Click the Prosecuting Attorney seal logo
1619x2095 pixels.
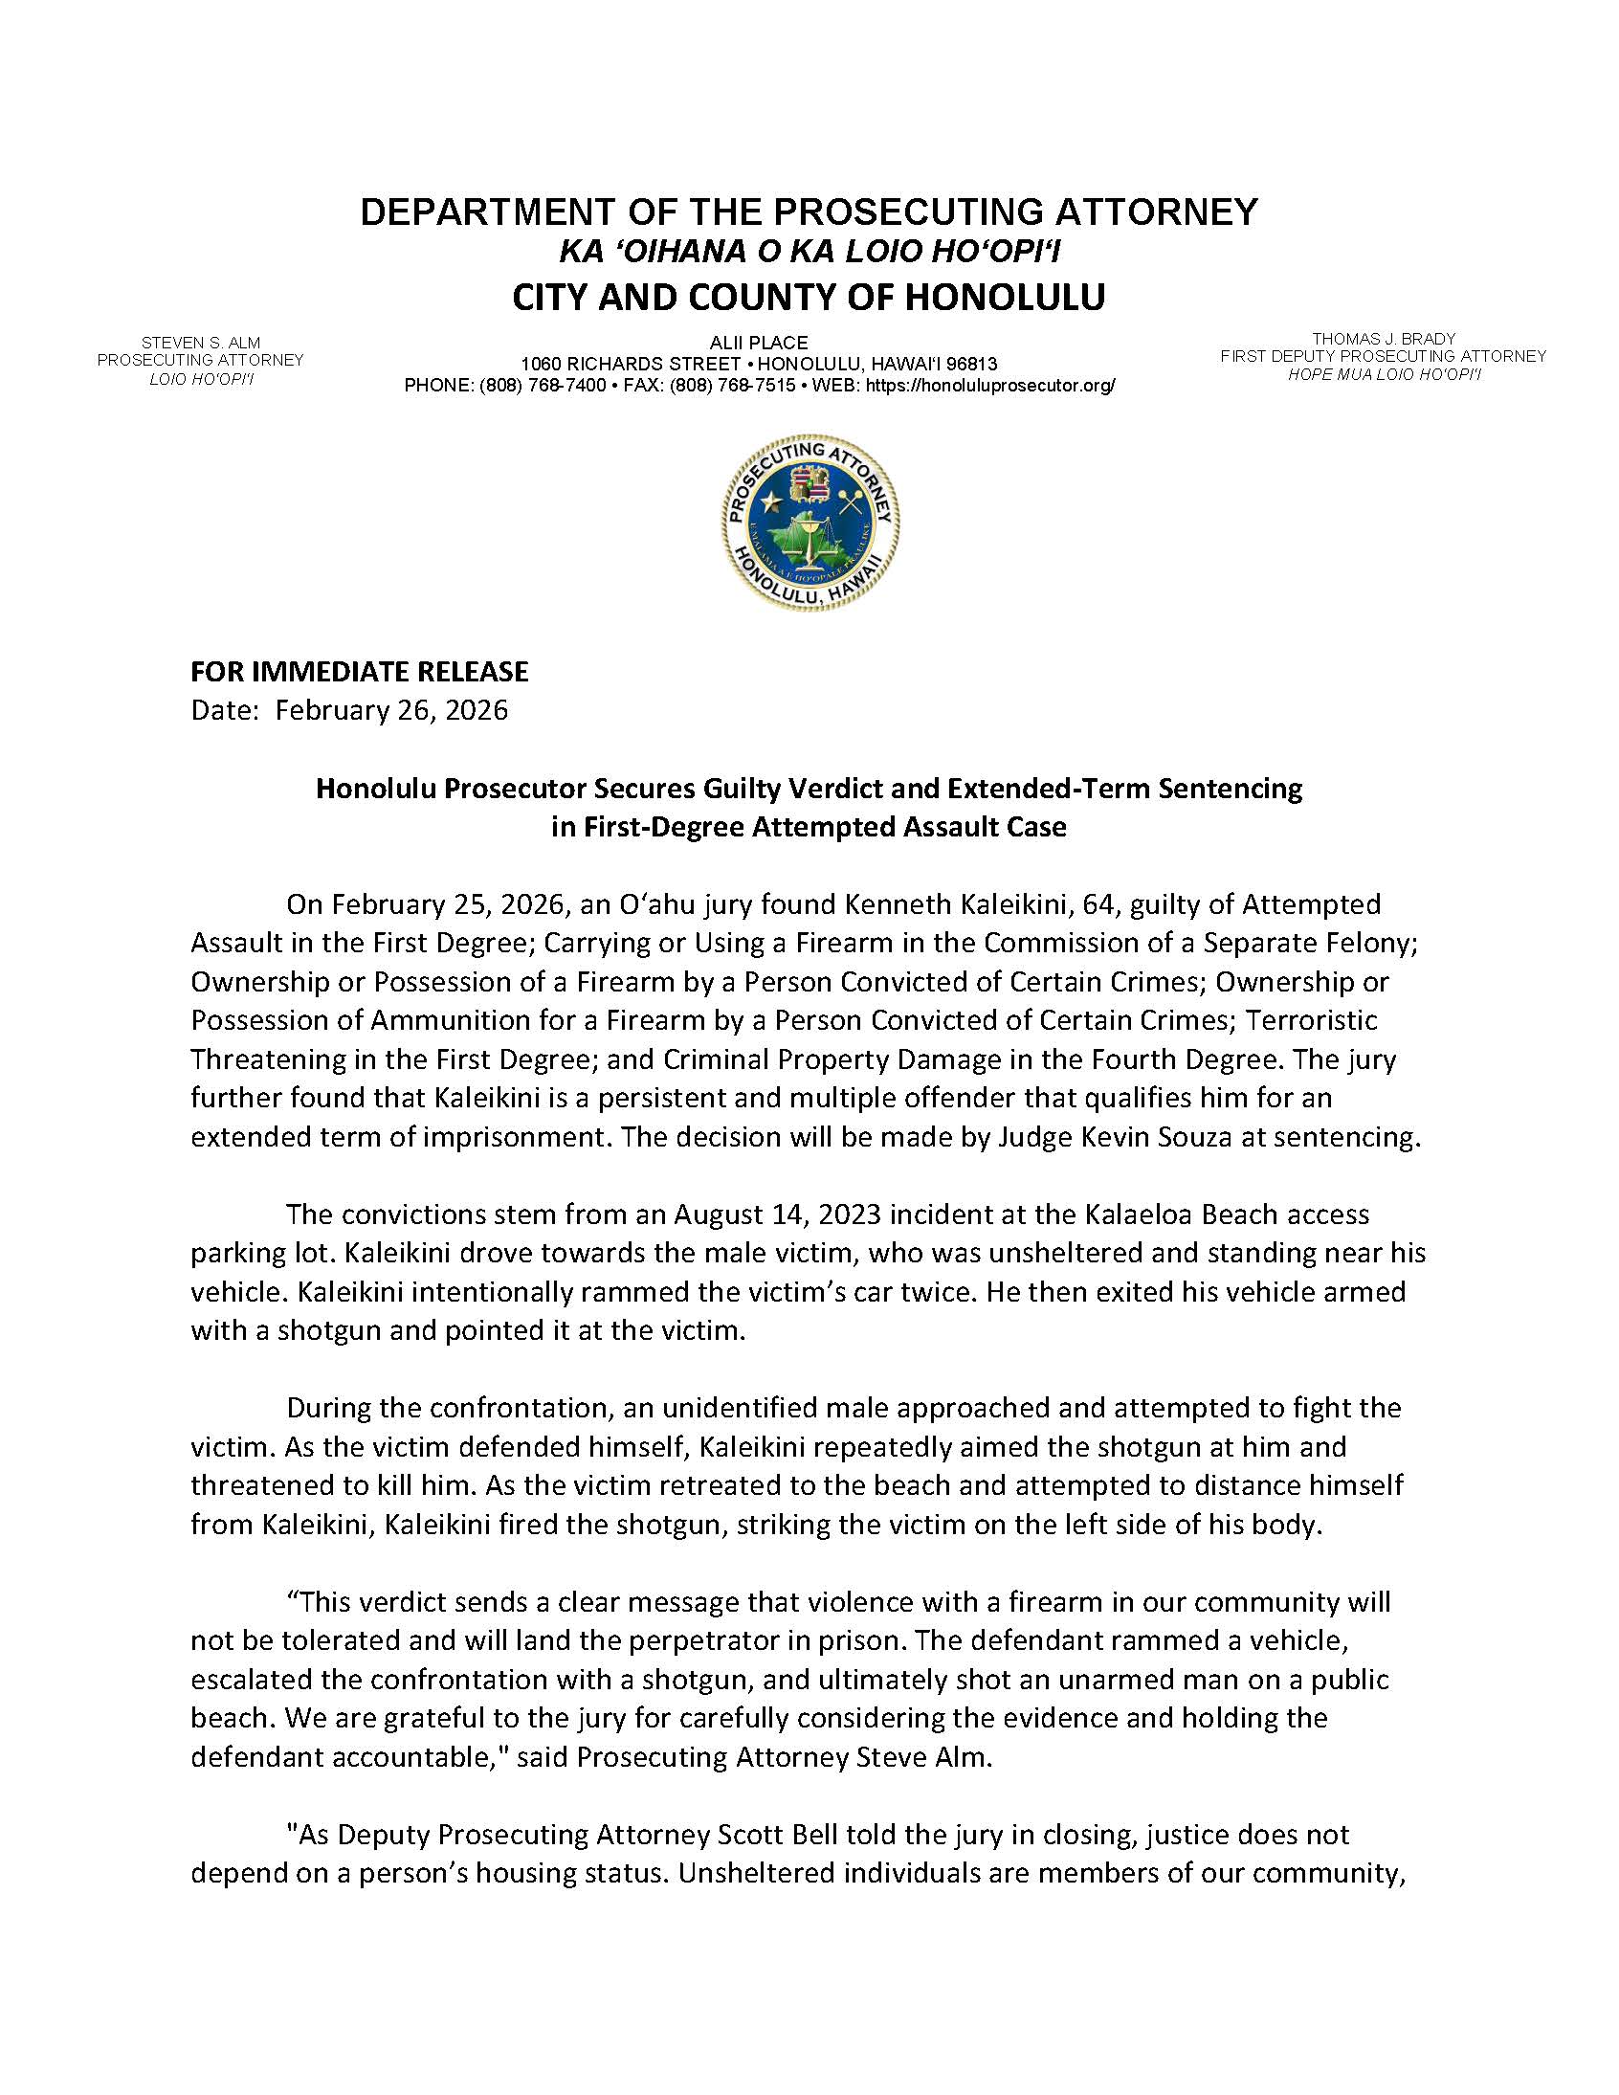[810, 522]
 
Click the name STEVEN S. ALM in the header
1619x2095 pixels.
[200, 343]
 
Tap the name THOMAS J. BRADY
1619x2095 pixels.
[1383, 339]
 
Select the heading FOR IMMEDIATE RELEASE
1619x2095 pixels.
[360, 671]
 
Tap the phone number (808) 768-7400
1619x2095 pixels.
[543, 386]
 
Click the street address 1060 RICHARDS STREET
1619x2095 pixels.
[630, 365]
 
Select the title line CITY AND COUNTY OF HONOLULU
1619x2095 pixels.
[809, 298]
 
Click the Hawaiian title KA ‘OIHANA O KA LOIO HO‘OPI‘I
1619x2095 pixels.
[809, 253]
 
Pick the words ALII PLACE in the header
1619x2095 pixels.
[759, 343]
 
